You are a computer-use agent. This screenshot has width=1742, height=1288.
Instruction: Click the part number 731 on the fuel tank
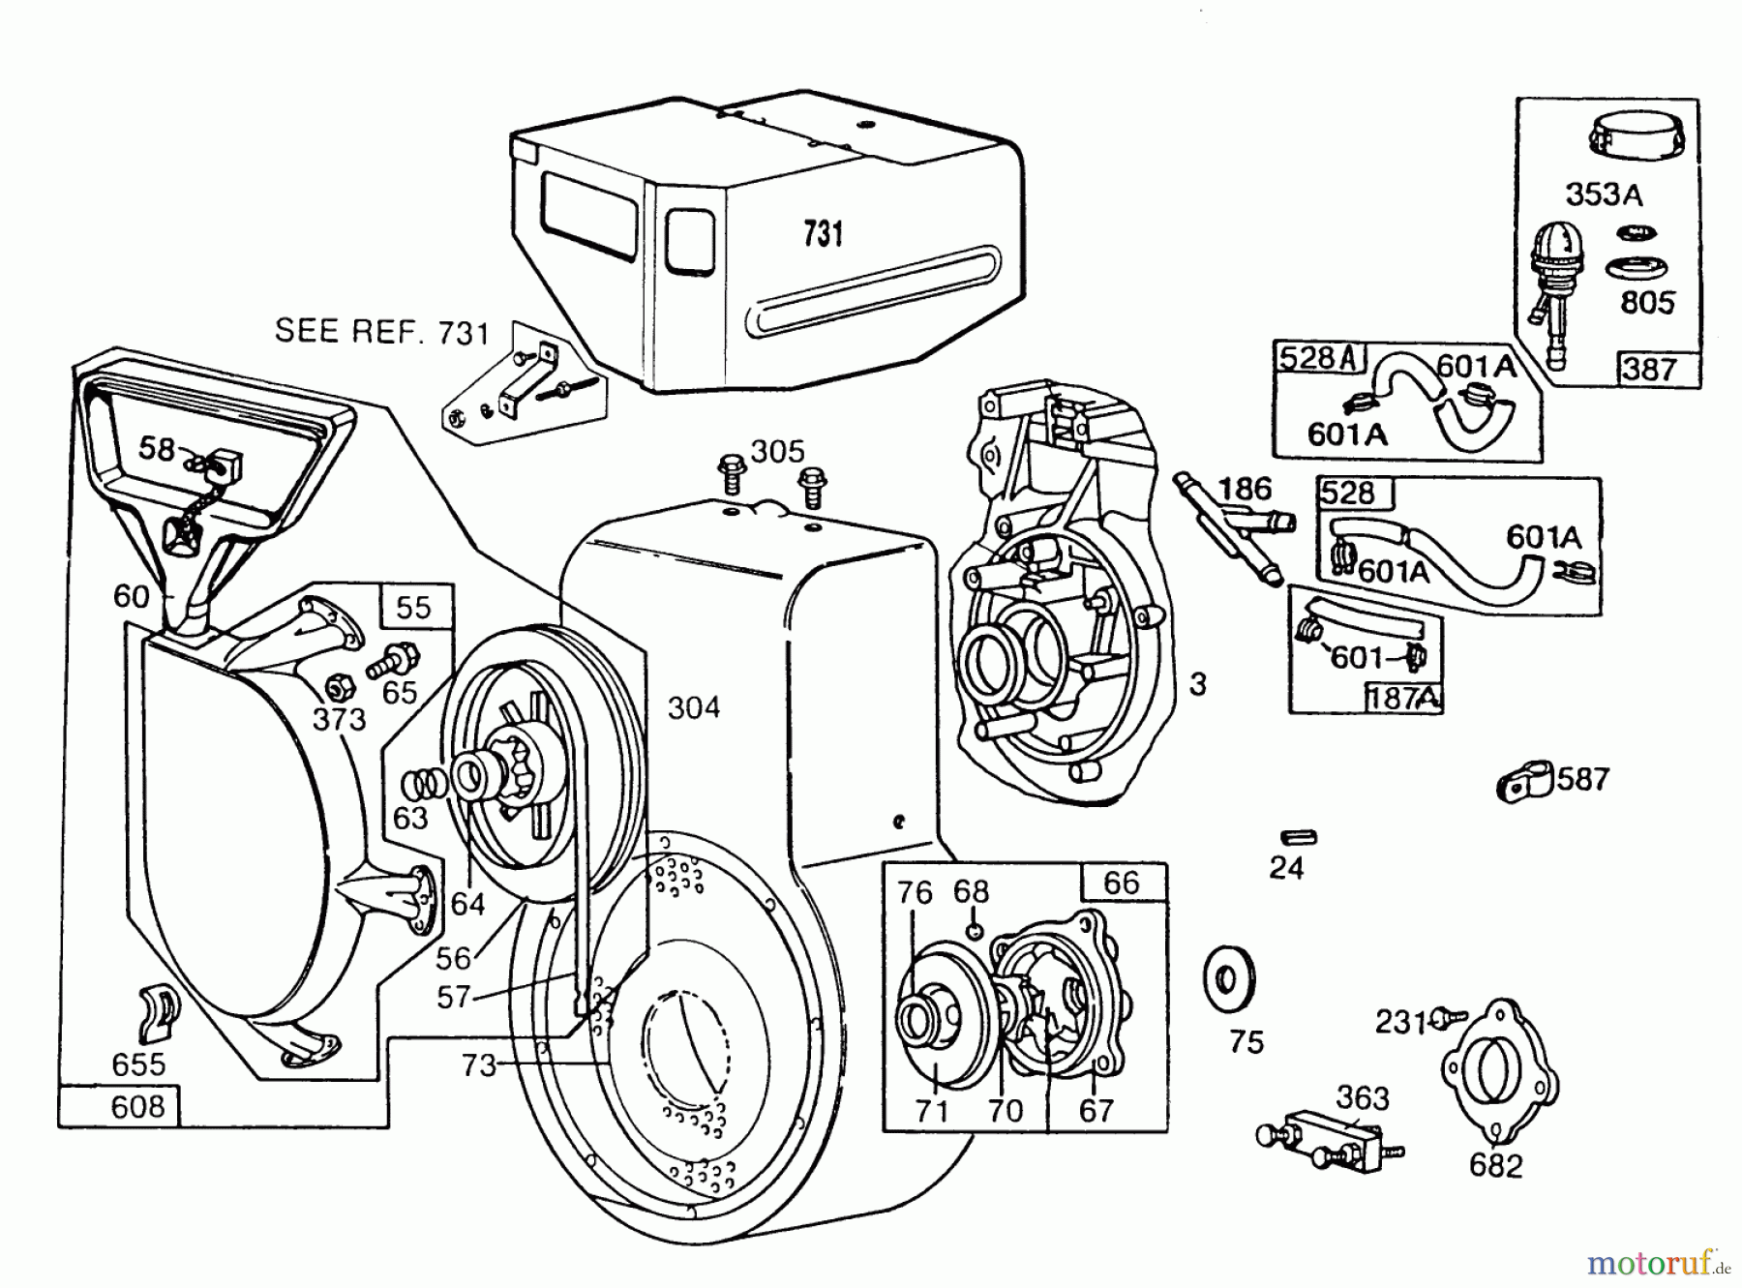coord(823,234)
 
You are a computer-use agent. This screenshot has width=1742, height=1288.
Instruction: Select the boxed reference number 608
coord(137,1105)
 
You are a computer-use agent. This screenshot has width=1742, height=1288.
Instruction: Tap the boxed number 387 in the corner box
coord(1650,369)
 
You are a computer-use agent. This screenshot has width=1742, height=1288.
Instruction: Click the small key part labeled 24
coord(1298,837)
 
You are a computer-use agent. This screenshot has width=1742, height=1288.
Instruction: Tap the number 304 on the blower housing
coord(694,708)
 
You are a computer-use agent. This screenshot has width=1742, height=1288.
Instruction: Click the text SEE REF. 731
coord(382,332)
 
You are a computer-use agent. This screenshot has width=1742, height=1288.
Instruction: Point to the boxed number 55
coord(413,607)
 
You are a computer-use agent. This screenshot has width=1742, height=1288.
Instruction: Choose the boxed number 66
coord(1122,883)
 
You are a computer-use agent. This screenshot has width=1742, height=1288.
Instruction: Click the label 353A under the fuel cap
coord(1604,195)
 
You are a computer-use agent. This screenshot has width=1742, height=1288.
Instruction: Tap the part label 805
coord(1647,303)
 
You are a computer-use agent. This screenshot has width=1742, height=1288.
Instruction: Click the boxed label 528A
coord(1318,358)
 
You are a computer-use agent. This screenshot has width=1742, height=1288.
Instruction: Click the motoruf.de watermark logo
coord(1660,1264)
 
